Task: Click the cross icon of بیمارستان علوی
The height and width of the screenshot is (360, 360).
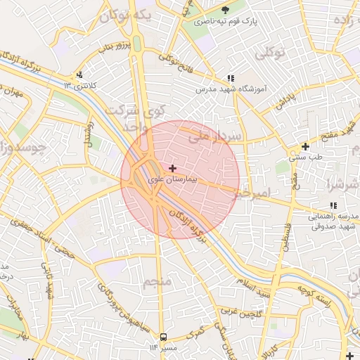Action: (x=173, y=168)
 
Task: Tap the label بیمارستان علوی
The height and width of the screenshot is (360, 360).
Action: (x=174, y=180)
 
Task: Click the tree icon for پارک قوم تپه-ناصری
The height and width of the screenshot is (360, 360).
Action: (x=225, y=9)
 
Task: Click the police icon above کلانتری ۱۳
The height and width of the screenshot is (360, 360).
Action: (x=79, y=75)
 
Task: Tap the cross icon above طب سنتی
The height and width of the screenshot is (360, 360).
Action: (x=305, y=146)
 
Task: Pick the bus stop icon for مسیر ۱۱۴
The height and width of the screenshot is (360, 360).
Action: (x=164, y=337)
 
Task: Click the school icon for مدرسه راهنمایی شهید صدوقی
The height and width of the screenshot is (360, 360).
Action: (x=333, y=205)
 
